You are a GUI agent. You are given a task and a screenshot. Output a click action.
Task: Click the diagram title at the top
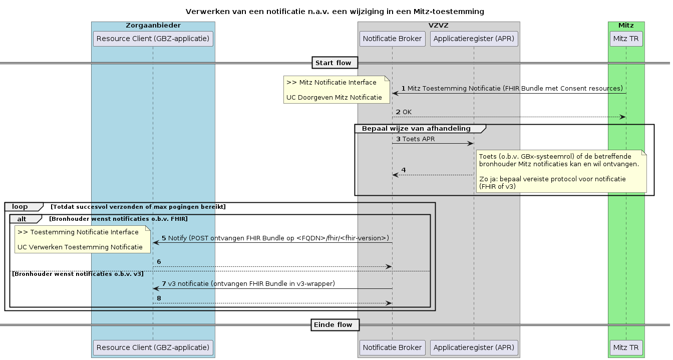[334, 11]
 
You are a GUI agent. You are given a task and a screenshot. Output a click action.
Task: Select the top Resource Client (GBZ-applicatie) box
[153, 39]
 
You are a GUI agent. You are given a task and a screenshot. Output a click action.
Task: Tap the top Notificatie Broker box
[392, 39]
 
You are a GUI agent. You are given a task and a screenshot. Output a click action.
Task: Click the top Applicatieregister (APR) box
[474, 39]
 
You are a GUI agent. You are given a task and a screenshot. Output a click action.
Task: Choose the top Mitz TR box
[626, 39]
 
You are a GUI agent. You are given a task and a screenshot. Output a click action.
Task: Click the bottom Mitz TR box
[626, 347]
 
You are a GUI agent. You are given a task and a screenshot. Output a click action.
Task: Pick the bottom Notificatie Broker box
[392, 347]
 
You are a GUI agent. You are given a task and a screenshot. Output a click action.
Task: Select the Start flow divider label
[335, 63]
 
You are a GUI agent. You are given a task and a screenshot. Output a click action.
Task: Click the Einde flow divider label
[335, 325]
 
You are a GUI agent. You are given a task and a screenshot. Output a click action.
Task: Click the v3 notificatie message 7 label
[251, 284]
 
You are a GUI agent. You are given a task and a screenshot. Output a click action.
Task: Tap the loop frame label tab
[21, 207]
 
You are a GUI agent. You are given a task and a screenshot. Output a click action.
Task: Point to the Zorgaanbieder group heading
[153, 25]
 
